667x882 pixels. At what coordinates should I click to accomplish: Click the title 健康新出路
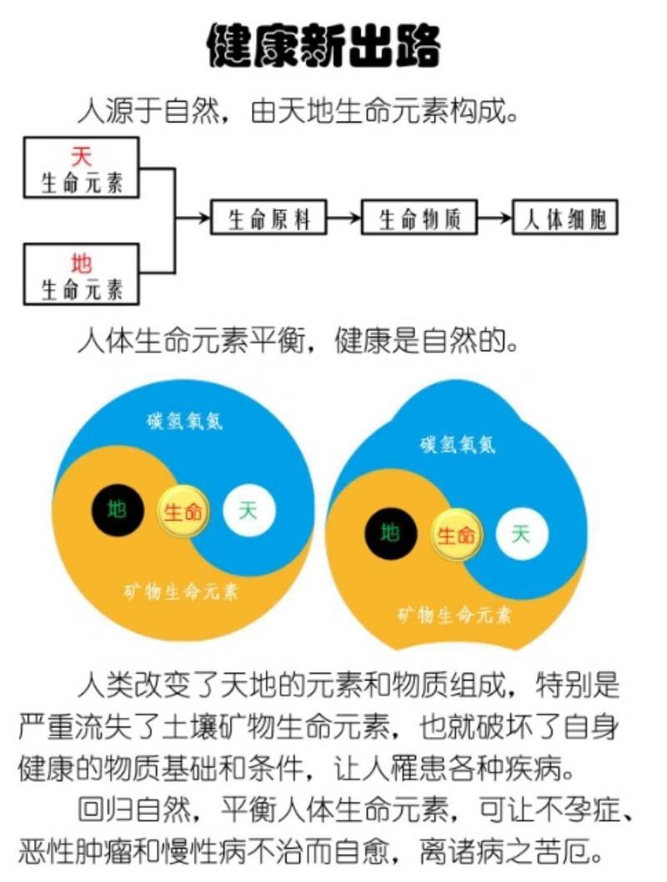point(324,46)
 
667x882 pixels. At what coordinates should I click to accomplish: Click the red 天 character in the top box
point(81,156)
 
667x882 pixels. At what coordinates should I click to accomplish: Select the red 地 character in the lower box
point(81,263)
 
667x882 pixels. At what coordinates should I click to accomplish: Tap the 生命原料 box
point(268,217)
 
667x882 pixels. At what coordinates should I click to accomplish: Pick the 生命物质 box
point(419,217)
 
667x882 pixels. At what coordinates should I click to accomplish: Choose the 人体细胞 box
point(564,217)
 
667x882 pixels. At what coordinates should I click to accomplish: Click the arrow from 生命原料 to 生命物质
point(344,217)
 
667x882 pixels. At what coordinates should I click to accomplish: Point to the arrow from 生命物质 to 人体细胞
point(494,217)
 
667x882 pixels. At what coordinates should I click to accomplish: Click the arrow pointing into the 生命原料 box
point(193,217)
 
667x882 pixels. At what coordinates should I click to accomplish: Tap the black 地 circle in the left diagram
point(118,510)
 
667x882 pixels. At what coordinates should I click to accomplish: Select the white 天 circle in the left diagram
point(249,510)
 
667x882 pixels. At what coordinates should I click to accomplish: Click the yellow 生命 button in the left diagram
point(183,512)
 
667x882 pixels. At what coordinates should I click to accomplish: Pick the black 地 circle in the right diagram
point(391,534)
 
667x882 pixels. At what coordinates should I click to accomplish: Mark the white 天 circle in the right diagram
point(522,534)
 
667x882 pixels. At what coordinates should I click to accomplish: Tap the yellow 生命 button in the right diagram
point(456,535)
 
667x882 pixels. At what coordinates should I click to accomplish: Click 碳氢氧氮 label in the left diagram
point(185,421)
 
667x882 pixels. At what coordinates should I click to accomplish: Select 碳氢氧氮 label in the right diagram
point(458,444)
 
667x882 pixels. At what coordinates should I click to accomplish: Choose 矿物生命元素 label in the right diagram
point(454,615)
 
